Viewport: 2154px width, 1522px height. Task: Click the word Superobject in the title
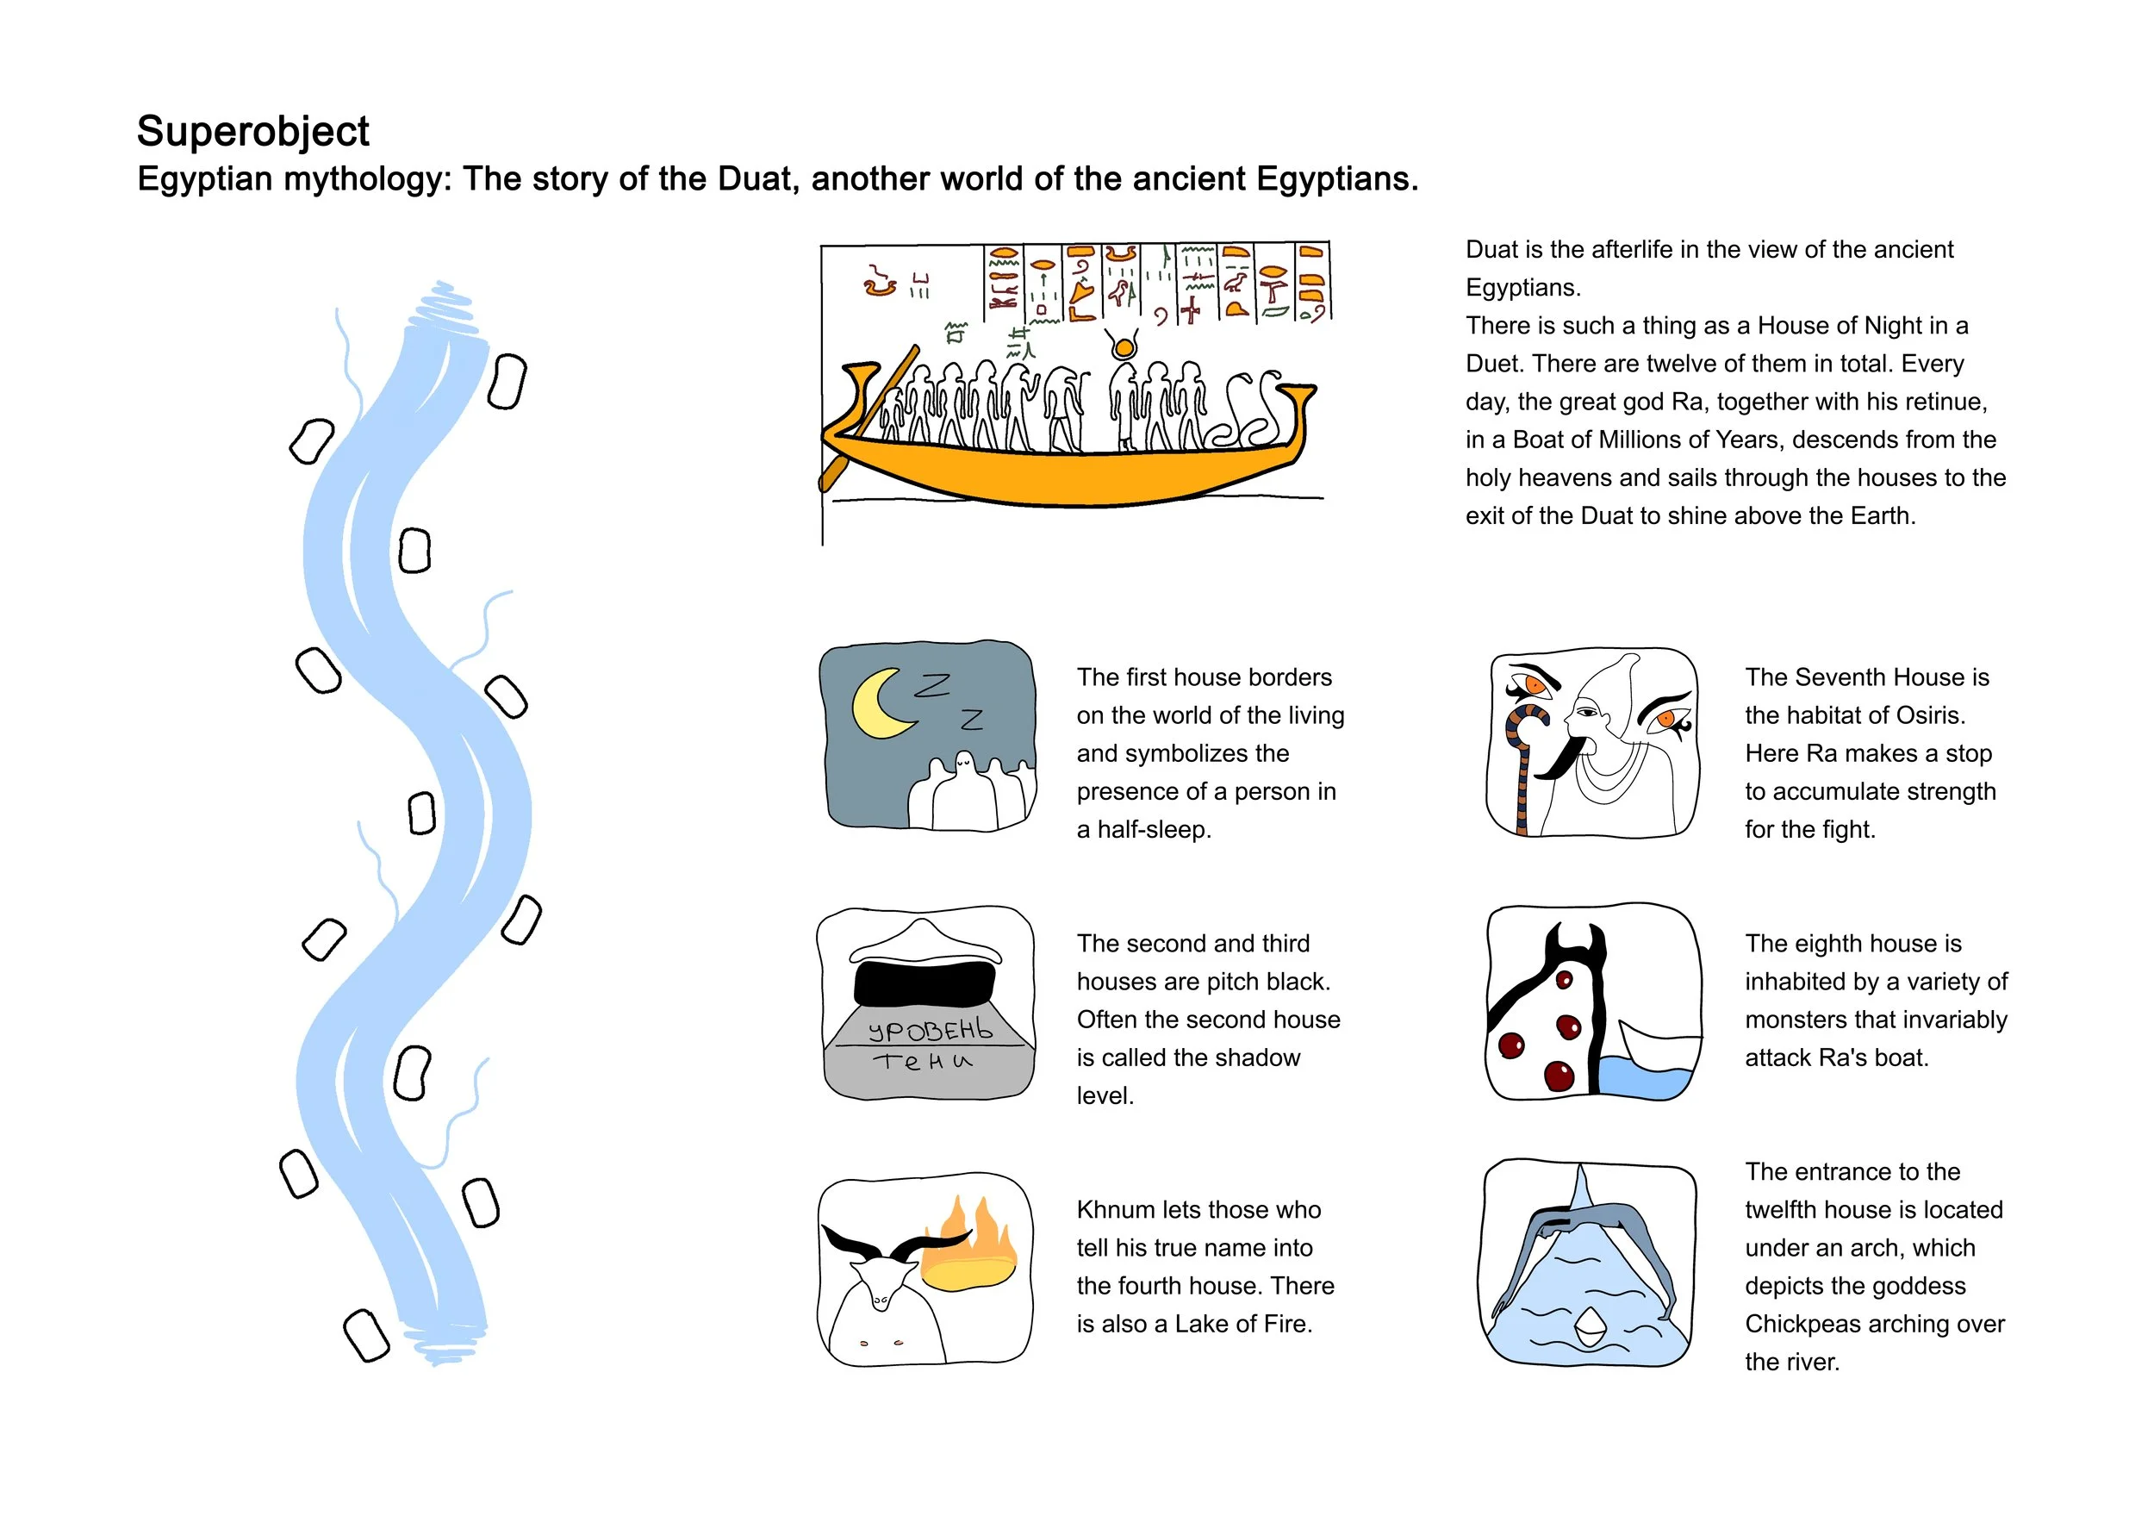252,131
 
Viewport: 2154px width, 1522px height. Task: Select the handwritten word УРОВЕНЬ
930,1030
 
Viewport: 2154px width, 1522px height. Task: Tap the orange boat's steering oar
868,419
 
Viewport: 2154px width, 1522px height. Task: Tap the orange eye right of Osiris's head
1667,719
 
